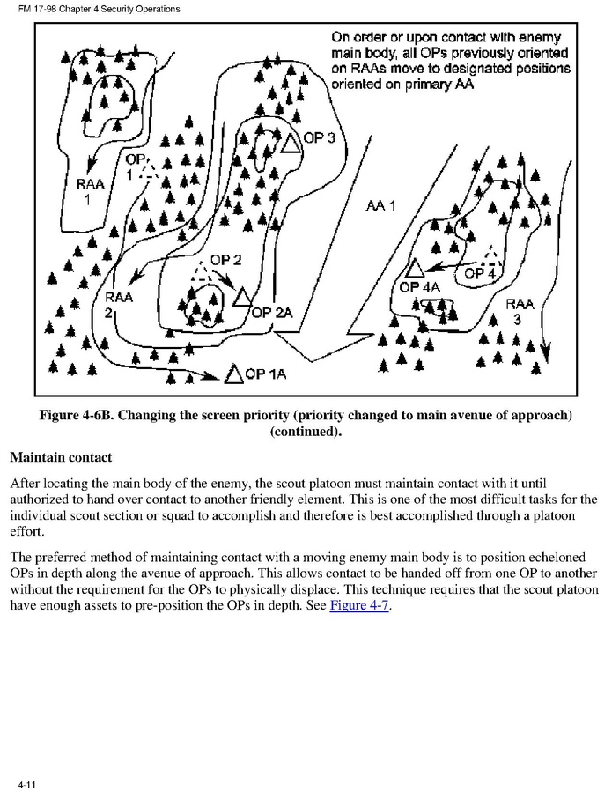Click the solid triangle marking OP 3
point(291,144)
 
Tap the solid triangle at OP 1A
point(233,375)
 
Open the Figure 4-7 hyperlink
point(359,606)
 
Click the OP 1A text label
point(267,374)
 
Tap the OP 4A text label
point(420,285)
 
